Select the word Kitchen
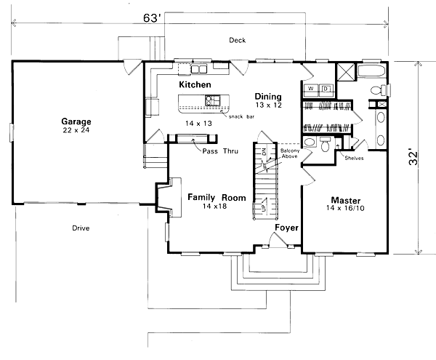195,85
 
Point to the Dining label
267,95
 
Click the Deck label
236,40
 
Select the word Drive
81,228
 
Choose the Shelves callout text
355,158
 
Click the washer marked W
310,89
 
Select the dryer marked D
326,89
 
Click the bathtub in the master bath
375,71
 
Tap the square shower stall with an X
346,71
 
